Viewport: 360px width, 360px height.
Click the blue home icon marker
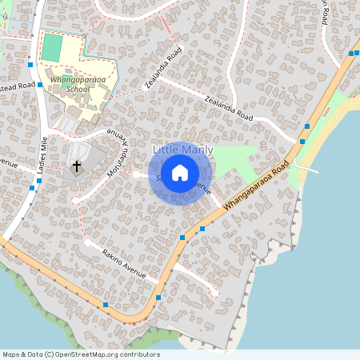pos(180,173)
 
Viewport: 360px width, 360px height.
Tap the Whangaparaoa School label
pos(68,85)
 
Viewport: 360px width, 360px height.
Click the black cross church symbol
pos(77,166)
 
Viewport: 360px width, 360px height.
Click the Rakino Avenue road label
pos(124,264)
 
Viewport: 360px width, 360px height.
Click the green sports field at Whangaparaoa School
pos(51,46)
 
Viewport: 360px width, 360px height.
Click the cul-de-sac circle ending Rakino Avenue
pos(214,294)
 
